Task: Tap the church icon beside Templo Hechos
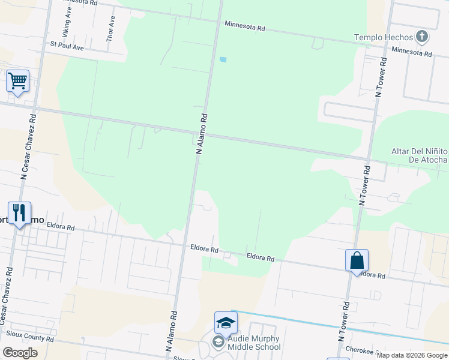423,37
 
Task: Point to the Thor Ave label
111,28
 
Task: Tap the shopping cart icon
18,80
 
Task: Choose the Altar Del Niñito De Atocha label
419,155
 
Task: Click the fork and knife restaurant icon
19,212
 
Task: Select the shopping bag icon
357,260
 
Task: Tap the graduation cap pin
226,323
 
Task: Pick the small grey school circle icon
217,343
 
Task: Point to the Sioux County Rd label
29,338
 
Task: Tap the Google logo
20,353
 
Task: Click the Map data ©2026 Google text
412,355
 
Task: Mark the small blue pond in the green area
223,59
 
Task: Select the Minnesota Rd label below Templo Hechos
411,53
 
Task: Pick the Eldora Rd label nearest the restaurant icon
62,228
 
